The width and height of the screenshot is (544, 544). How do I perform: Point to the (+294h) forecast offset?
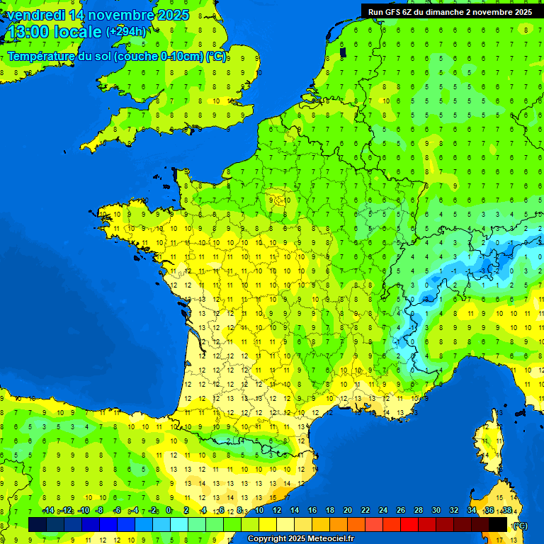[x=126, y=32]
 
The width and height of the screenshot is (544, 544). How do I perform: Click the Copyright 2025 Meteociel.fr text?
[x=300, y=538]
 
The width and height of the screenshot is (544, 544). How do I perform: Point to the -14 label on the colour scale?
[x=48, y=511]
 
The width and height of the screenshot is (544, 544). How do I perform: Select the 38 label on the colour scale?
[x=507, y=511]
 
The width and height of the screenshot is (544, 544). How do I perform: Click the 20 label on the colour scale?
[x=348, y=511]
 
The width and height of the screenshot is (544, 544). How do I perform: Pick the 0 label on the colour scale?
[x=169, y=511]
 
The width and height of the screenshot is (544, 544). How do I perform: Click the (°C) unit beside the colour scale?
[x=519, y=525]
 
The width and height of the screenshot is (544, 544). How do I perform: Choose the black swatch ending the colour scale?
[x=498, y=524]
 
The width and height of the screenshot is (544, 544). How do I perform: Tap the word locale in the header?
[x=77, y=32]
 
